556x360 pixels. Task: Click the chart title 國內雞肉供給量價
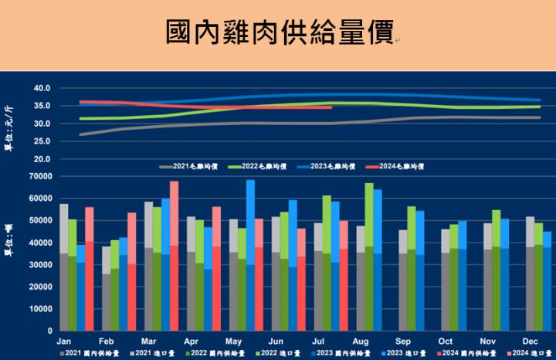tap(277, 32)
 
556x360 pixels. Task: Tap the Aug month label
tap(359, 340)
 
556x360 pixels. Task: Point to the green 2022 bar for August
tap(369, 247)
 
